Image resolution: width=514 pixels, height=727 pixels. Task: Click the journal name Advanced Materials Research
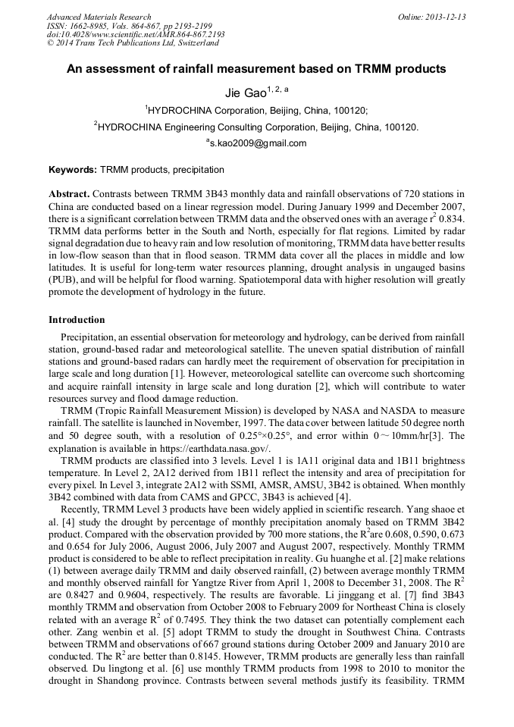(99, 17)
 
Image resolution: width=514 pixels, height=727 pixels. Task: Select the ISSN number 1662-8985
(92, 26)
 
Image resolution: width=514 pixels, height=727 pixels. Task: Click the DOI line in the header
(136, 35)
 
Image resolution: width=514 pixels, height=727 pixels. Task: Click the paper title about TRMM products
(256, 69)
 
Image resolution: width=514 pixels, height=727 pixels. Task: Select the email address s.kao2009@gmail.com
(258, 143)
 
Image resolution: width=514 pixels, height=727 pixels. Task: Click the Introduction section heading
(77, 320)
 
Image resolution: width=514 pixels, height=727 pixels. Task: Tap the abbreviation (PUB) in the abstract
(63, 280)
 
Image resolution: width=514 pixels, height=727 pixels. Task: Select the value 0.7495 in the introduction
(230, 619)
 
